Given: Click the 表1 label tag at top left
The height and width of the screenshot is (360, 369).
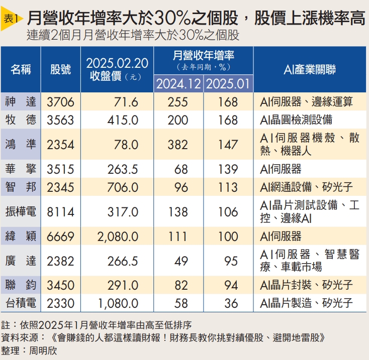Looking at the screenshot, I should (11, 19).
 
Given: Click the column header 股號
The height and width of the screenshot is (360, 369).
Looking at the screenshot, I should (61, 70).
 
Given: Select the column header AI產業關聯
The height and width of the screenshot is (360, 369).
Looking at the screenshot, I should (310, 70).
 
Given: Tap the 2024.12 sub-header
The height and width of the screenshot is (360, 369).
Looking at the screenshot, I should (178, 84).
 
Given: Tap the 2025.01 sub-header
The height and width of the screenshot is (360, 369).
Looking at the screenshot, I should (228, 84).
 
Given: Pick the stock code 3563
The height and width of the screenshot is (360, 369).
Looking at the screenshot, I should (61, 119).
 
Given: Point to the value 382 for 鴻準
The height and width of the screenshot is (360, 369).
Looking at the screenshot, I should (178, 145).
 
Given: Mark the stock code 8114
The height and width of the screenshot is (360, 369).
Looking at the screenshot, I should (61, 211).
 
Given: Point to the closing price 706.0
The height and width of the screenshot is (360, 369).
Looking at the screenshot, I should (123, 187).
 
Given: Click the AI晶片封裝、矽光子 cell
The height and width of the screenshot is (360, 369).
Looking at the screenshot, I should (306, 285).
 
